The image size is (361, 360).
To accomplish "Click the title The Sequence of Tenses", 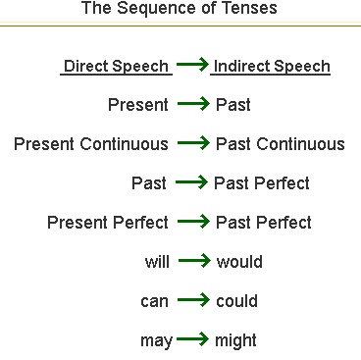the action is pyautogui.click(x=180, y=10).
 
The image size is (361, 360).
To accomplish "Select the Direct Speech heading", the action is pyautogui.click(x=117, y=67).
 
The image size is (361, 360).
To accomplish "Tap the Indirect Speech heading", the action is pyautogui.click(x=271, y=67).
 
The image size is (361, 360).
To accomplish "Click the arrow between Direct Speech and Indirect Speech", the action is pyautogui.click(x=193, y=67).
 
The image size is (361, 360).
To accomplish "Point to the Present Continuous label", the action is pyautogui.click(x=91, y=144).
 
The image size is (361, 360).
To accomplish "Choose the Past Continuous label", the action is pyautogui.click(x=280, y=144).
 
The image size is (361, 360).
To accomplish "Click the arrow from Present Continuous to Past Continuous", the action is pyautogui.click(x=193, y=144).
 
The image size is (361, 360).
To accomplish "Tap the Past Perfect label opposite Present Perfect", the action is pyautogui.click(x=262, y=223).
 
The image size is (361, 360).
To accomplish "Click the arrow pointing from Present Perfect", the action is pyautogui.click(x=193, y=223).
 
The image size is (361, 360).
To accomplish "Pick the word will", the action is pyautogui.click(x=156, y=262).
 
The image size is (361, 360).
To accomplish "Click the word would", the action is pyautogui.click(x=239, y=262).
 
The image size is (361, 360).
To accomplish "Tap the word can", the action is pyautogui.click(x=155, y=301).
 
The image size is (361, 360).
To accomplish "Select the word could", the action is pyautogui.click(x=238, y=301).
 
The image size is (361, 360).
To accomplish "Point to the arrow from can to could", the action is pyautogui.click(x=193, y=301).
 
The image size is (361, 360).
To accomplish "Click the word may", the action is pyautogui.click(x=155, y=341).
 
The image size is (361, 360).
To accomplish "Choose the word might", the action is pyautogui.click(x=235, y=340).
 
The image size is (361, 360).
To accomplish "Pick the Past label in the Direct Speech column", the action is pyautogui.click(x=149, y=183).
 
